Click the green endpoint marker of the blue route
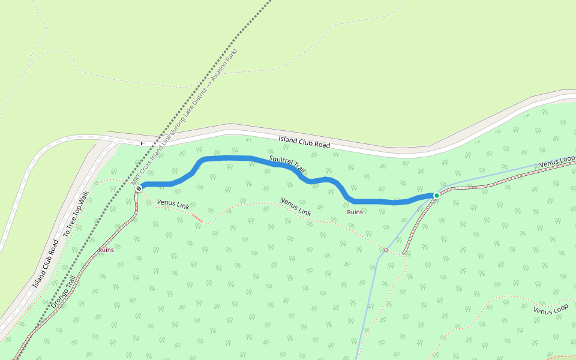[x=437, y=196]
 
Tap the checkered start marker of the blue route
[x=139, y=188]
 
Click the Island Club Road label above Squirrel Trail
[x=304, y=142]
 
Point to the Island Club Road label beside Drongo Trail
[x=46, y=264]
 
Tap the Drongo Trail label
[x=65, y=292]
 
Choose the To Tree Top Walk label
[x=76, y=213]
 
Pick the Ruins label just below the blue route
[x=355, y=212]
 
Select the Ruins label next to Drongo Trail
[x=106, y=250]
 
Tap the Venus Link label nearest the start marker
[x=173, y=205]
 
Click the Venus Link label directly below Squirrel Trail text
[x=296, y=207]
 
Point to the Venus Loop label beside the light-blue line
[x=557, y=163]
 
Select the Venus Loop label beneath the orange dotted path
[x=550, y=310]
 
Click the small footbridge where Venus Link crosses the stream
[x=385, y=249]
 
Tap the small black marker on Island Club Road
[x=142, y=144]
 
